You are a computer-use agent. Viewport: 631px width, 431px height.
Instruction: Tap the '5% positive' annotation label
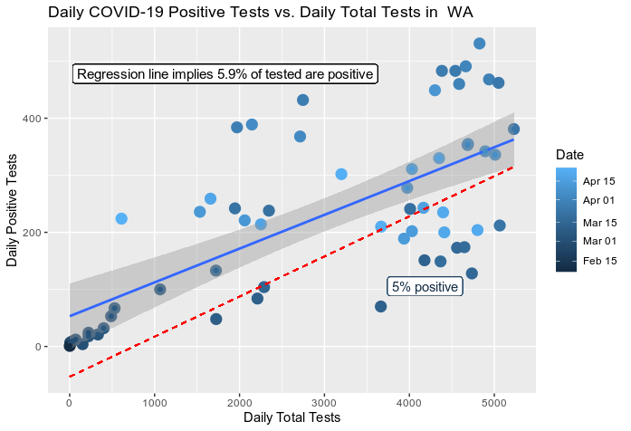(425, 287)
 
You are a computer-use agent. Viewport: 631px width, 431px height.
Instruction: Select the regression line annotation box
(225, 74)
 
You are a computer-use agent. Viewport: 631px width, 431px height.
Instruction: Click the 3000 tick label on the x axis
(324, 402)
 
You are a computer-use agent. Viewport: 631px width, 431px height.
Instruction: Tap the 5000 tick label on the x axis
(494, 402)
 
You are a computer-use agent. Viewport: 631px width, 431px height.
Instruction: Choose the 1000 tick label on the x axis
(154, 402)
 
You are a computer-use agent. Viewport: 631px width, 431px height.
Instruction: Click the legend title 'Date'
(570, 155)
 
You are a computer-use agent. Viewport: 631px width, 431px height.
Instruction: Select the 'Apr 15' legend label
(598, 181)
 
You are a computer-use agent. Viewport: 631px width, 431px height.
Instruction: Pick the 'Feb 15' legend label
(598, 260)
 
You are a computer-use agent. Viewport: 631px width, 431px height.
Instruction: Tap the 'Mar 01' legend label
(598, 240)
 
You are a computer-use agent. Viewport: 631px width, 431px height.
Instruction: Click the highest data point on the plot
(480, 43)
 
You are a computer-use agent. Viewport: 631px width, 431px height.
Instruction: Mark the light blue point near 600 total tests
(121, 218)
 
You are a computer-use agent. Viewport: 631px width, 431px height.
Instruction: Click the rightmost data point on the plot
(513, 129)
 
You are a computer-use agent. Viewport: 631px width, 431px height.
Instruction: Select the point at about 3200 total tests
(341, 174)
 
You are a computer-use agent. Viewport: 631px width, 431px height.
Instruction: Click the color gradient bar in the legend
(567, 220)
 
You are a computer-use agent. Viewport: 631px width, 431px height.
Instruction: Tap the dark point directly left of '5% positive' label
(381, 306)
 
